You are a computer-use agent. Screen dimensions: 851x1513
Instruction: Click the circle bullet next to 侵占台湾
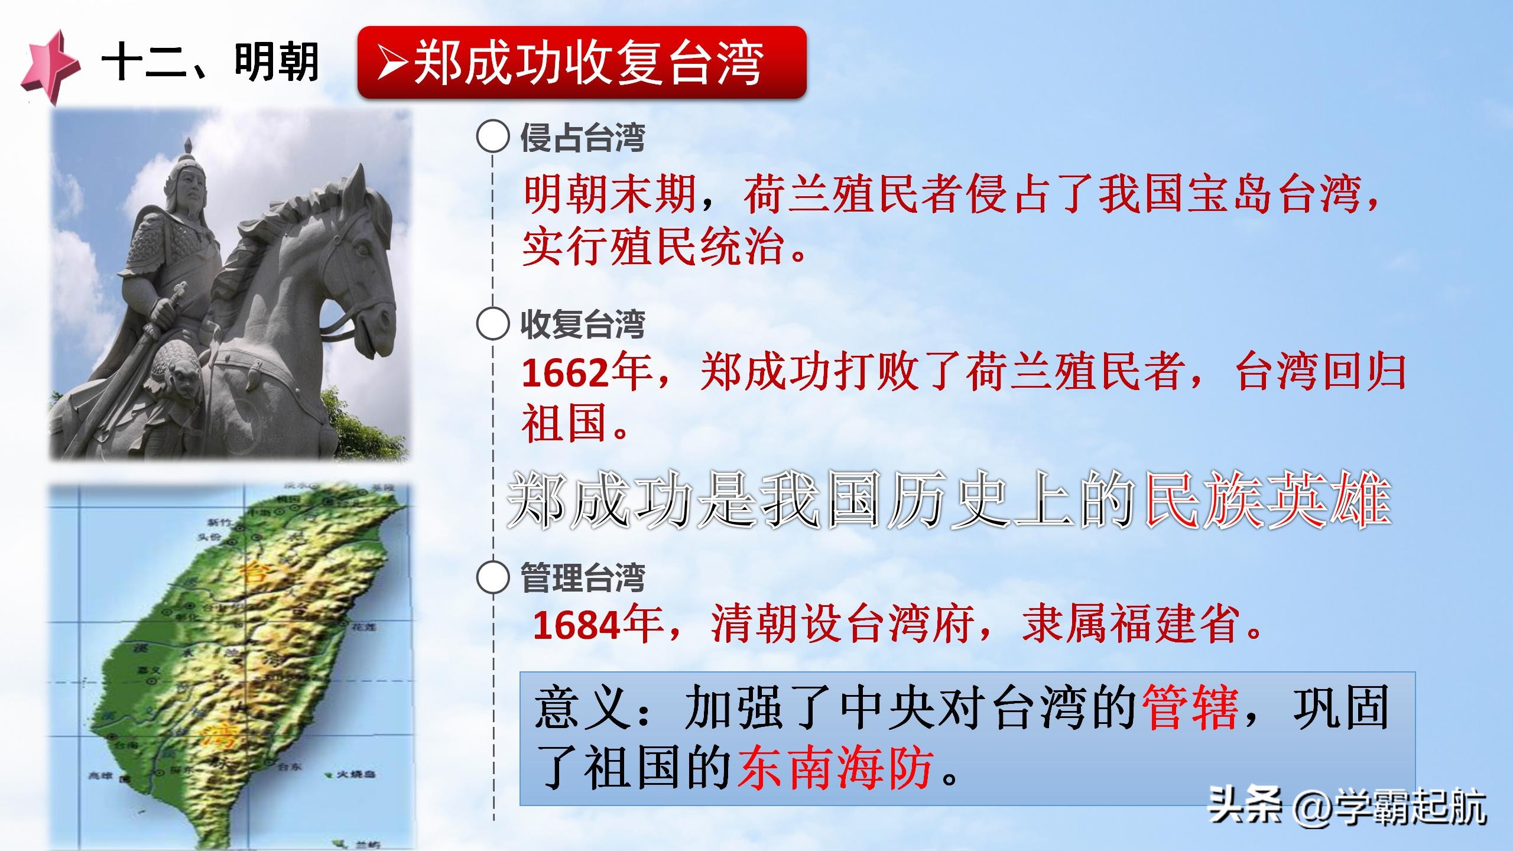pyautogui.click(x=492, y=138)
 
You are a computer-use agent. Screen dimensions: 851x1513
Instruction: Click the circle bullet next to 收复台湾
pyautogui.click(x=492, y=324)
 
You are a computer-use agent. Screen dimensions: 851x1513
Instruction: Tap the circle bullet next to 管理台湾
pyautogui.click(x=492, y=578)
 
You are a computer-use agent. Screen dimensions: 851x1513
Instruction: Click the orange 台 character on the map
pyautogui.click(x=254, y=573)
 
